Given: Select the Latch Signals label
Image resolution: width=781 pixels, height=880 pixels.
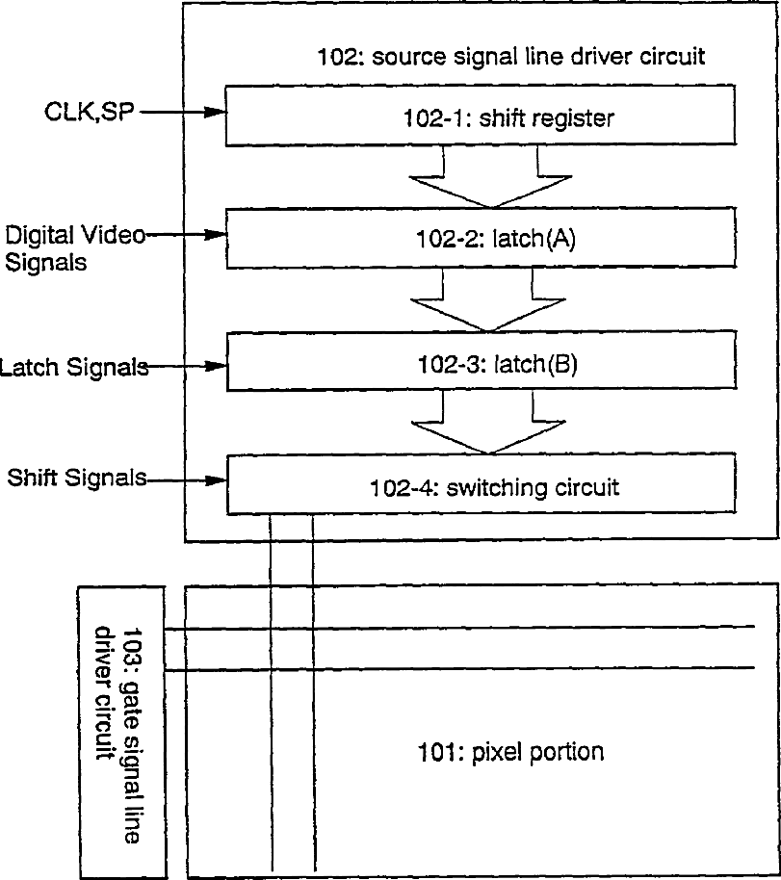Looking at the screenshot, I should [75, 367].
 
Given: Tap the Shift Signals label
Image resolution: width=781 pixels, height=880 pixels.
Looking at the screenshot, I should [75, 478].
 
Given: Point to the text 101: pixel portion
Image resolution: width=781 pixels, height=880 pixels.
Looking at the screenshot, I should [510, 751].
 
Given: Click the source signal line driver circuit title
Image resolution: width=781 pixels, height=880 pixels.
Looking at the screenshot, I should [510, 56].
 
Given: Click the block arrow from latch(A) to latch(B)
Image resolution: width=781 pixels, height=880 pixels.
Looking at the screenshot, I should [491, 301].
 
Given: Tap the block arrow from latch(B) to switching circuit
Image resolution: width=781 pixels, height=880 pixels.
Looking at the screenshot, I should [491, 425].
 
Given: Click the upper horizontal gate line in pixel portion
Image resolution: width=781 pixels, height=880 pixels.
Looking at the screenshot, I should [462, 628].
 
